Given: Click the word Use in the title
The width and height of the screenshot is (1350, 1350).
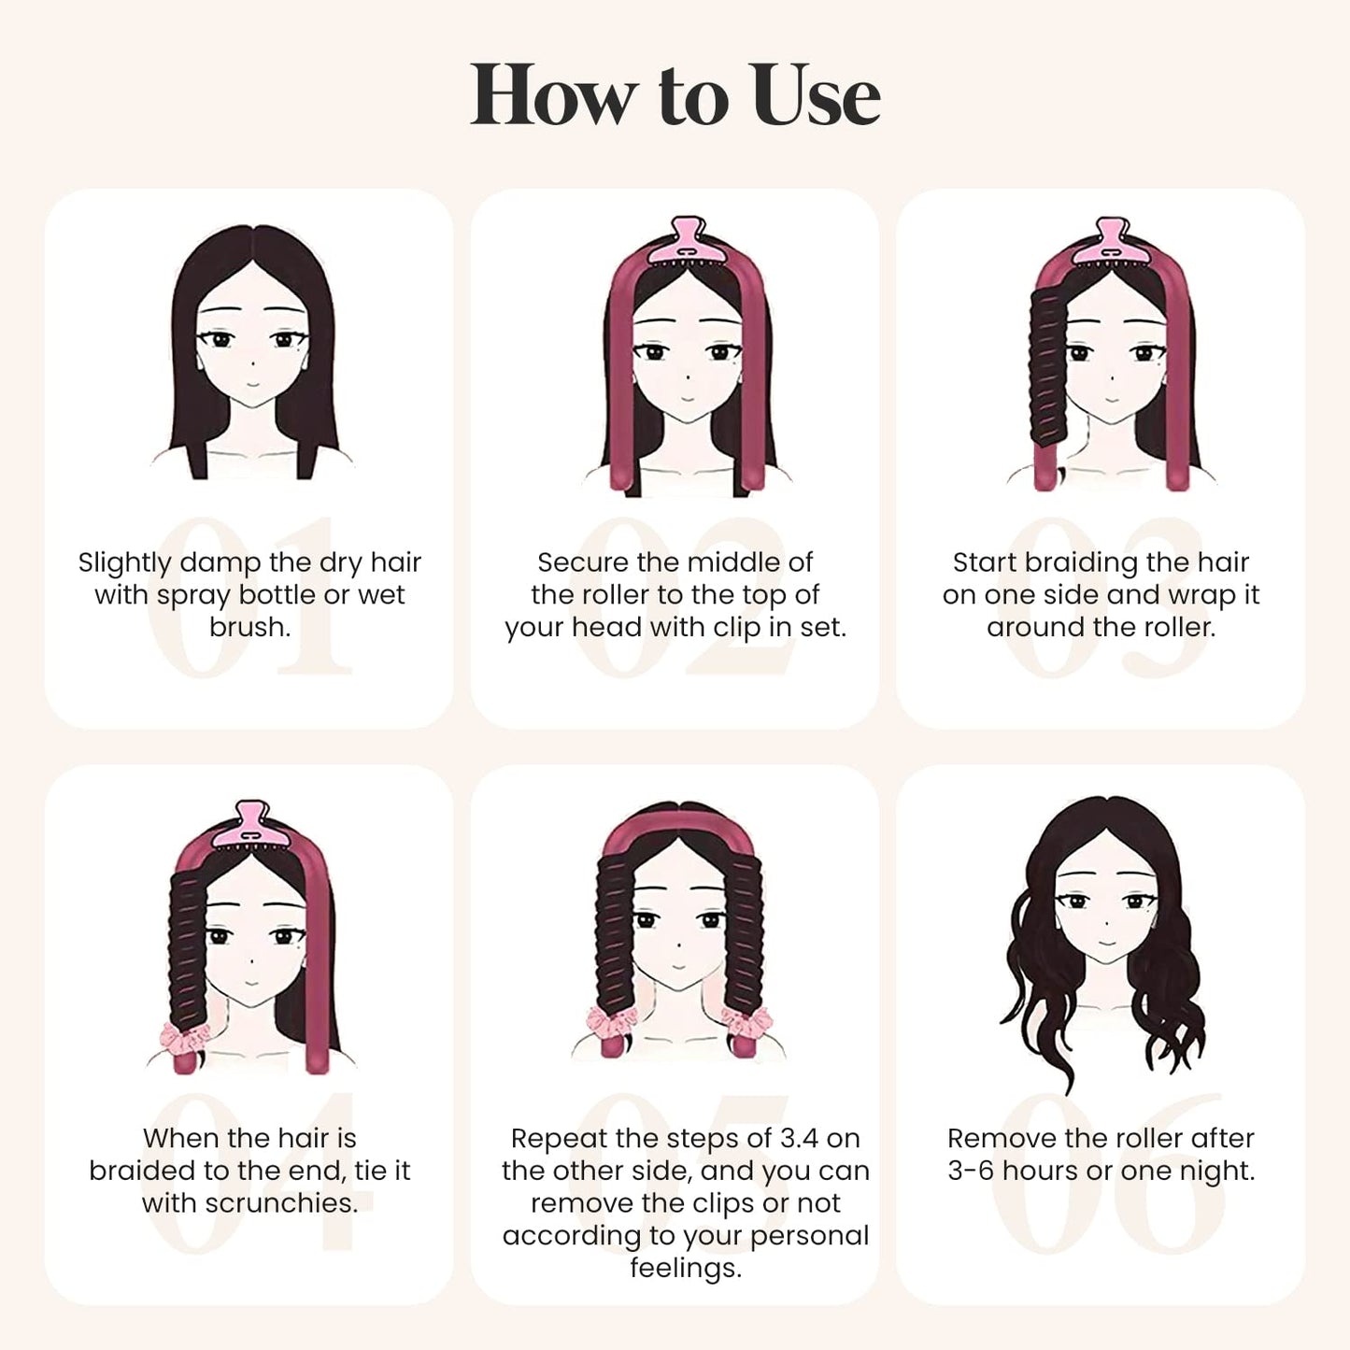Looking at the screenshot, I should point(815,95).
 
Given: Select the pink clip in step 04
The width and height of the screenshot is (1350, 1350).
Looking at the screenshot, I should point(250,825).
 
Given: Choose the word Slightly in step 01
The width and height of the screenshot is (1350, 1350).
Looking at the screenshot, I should point(125,562).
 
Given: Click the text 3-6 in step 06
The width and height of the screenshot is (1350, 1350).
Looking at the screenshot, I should point(970,1171).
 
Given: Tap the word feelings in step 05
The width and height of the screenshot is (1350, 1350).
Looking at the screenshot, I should point(685,1268).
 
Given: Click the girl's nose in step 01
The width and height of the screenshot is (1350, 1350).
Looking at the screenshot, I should point(251,362).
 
